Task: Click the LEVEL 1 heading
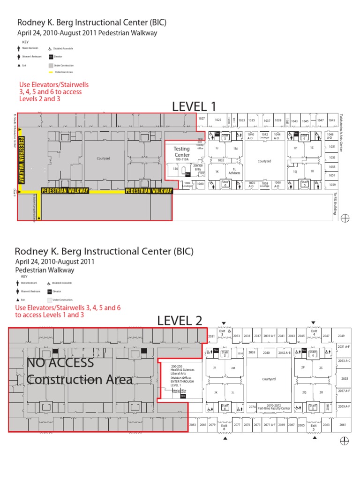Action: [x=195, y=107]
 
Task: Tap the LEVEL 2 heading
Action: [x=180, y=321]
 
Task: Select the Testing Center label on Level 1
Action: [x=182, y=151]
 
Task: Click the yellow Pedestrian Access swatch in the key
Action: [x=51, y=72]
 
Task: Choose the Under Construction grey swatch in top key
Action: [x=50, y=66]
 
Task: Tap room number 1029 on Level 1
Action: [x=218, y=120]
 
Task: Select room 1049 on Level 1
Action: [x=332, y=120]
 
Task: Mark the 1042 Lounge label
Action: [x=264, y=136]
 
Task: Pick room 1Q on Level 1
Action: [x=295, y=172]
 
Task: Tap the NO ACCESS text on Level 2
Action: [x=60, y=362]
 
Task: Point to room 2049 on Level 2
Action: [x=341, y=336]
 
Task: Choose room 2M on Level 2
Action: [x=232, y=368]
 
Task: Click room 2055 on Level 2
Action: [x=345, y=378]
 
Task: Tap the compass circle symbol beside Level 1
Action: [x=345, y=218]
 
